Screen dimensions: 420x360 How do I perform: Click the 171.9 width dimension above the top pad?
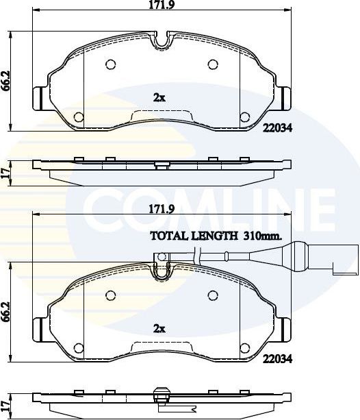159,5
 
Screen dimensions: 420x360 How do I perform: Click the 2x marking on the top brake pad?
159,97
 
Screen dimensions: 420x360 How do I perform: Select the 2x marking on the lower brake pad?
159,328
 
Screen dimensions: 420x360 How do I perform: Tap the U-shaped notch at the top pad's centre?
160,42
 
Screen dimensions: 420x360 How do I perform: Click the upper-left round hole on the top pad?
110,65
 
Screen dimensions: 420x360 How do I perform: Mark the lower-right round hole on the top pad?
244,116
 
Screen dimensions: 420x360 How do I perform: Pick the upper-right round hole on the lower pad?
212,295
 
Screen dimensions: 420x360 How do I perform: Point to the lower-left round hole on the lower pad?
78,347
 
